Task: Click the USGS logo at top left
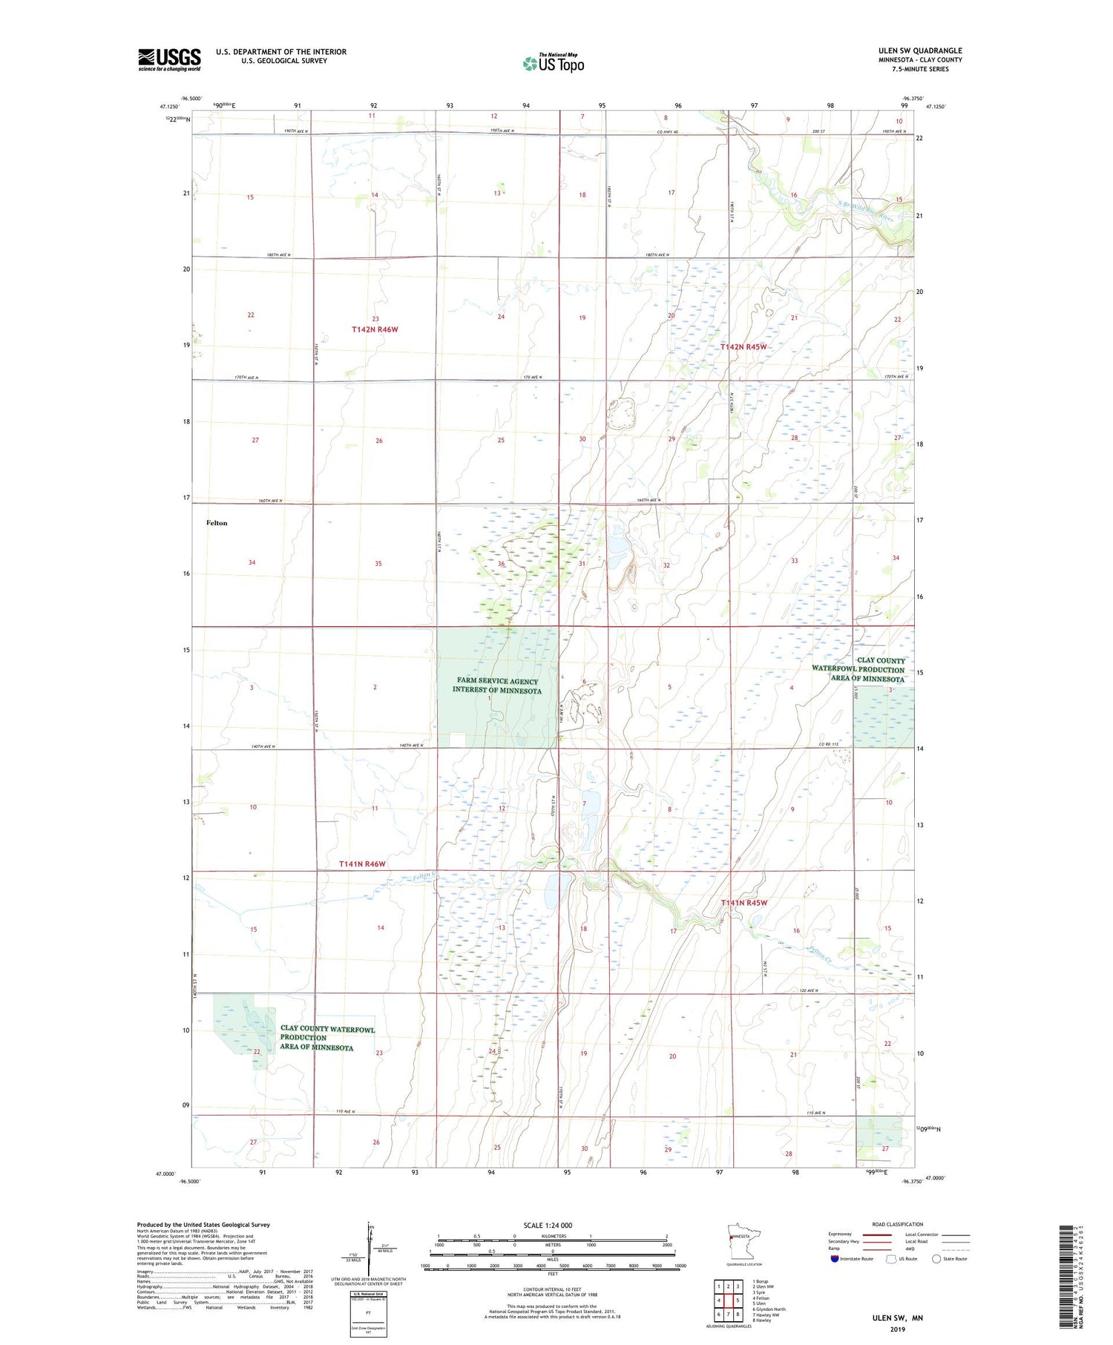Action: pyautogui.click(x=169, y=59)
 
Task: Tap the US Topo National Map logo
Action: pyautogui.click(x=553, y=63)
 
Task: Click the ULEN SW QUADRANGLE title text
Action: pyautogui.click(x=919, y=50)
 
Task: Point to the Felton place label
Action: pyautogui.click(x=217, y=523)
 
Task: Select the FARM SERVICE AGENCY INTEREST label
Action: pyautogui.click(x=497, y=685)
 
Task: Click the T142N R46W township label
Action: pyautogui.click(x=375, y=329)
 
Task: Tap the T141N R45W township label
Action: pyautogui.click(x=743, y=903)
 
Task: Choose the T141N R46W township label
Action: pyautogui.click(x=362, y=864)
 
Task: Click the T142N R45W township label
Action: pyautogui.click(x=743, y=346)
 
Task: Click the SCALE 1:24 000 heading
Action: pyautogui.click(x=552, y=1226)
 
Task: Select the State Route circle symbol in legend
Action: pyautogui.click(x=936, y=1259)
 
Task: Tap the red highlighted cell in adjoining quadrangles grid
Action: pyautogui.click(x=738, y=1300)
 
